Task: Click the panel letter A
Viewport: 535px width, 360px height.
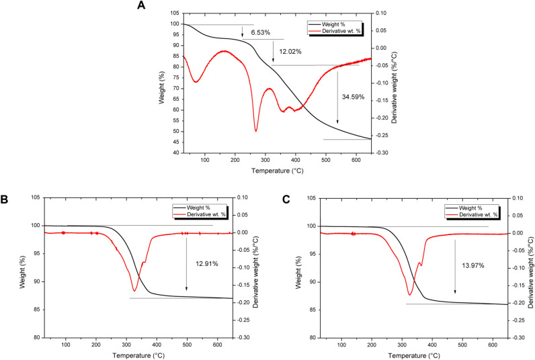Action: click(141, 5)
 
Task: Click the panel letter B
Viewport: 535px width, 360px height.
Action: click(5, 199)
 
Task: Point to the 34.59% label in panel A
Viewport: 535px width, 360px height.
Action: click(352, 97)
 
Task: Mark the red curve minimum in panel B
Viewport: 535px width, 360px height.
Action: click(134, 290)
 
